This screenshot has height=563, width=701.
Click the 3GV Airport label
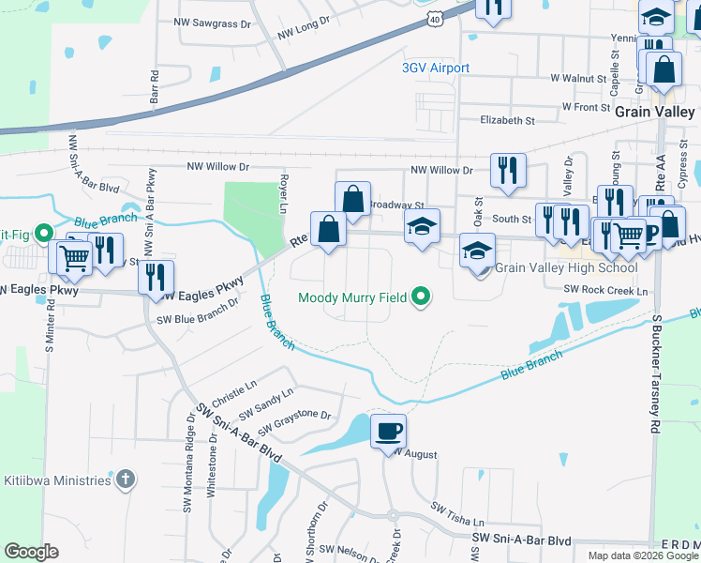click(435, 68)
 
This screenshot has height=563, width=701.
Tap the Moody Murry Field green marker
click(421, 297)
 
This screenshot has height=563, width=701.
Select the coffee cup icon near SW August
click(388, 432)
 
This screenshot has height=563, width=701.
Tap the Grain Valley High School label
click(565, 268)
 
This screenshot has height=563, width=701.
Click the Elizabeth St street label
click(506, 121)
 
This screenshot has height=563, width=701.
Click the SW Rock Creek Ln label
click(605, 291)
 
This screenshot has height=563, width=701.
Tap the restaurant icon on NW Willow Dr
click(507, 170)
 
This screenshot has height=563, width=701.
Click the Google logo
click(31, 552)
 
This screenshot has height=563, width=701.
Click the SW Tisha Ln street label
click(458, 514)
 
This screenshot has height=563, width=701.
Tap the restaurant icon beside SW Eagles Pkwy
click(156, 277)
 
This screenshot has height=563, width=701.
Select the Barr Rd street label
click(156, 87)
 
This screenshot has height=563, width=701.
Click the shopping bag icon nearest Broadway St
click(352, 199)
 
